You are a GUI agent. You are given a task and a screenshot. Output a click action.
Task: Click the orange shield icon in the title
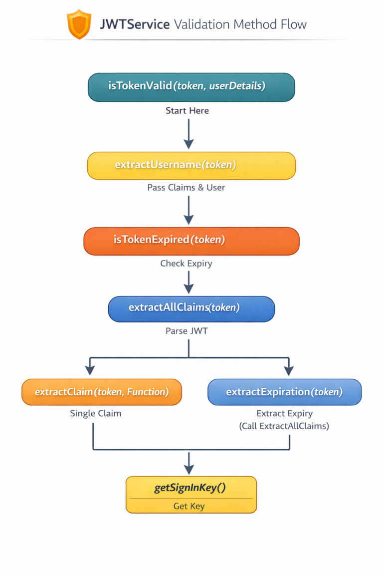coord(79,24)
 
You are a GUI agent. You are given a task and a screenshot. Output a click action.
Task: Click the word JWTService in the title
coord(135,24)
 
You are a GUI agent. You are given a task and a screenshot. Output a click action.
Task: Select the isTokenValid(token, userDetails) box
coord(191,87)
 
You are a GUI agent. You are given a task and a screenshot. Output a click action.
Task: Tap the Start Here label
coord(187,111)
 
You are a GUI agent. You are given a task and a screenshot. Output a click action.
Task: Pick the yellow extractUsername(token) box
coord(191,165)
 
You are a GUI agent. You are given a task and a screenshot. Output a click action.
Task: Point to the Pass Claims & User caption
coord(186,188)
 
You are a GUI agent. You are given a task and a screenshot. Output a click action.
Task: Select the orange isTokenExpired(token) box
coord(191,241)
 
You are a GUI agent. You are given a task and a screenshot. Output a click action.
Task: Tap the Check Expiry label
coord(186,264)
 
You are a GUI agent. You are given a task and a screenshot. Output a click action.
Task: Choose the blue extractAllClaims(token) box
coord(191,308)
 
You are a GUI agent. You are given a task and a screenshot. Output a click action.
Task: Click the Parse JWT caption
coord(187,331)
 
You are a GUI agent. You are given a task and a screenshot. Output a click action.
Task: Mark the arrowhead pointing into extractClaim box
coord(90,370)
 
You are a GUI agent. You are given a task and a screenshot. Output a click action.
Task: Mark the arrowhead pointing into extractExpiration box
coord(288,370)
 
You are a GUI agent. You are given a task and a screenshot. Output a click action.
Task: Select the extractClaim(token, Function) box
coord(102,392)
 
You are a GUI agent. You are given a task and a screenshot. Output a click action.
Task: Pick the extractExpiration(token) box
coord(284,392)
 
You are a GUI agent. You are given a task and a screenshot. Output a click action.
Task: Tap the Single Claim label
coord(96,414)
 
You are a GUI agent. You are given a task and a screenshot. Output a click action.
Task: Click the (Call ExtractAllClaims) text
coord(284,427)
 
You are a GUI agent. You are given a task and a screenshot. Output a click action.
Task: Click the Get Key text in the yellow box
coord(189,506)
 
